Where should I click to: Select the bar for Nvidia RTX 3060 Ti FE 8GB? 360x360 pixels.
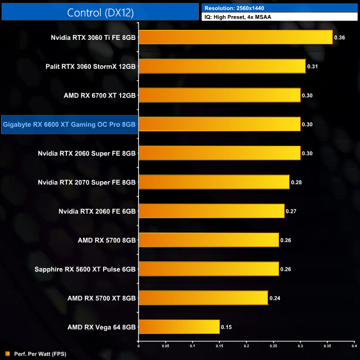[235, 37]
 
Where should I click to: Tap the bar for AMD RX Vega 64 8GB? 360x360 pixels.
[179, 327]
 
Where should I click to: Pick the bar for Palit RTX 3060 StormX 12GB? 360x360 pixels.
[222, 66]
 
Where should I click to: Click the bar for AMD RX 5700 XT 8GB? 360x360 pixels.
[203, 298]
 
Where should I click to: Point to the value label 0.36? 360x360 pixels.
[340, 38]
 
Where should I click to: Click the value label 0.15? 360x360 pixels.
[227, 327]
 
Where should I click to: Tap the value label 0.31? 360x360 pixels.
[313, 66]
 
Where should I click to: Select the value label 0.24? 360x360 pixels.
[275, 298]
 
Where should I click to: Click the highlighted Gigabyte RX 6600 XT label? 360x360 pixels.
[69, 125]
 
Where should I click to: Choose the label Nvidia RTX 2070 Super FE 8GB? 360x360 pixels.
[87, 182]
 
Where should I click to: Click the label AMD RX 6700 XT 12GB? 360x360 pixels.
[100, 95]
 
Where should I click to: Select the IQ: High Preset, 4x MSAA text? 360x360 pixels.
[238, 17]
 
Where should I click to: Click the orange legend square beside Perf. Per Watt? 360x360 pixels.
[7, 353]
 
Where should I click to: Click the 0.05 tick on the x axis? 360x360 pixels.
[165, 346]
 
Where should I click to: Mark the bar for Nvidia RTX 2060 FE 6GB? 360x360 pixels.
[211, 211]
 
